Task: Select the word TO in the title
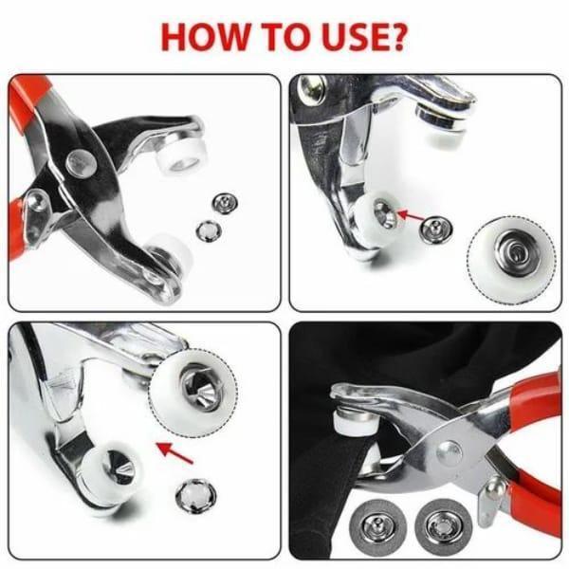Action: pos(282,35)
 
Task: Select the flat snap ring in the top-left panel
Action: pos(205,229)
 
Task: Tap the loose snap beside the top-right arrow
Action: pos(434,229)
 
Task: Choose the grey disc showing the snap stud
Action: pos(380,521)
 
